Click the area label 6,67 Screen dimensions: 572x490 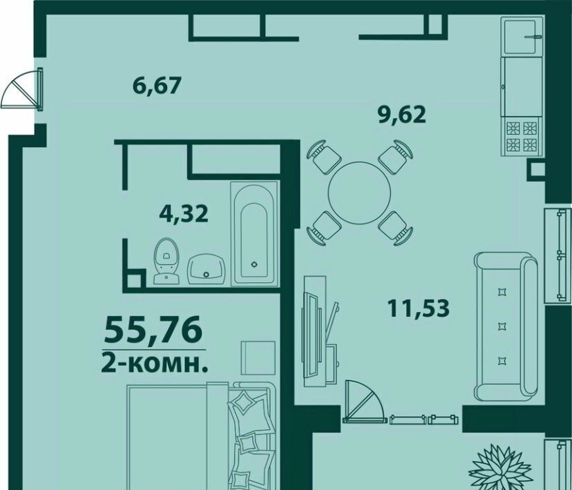pos(157,86)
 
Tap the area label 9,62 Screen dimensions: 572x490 pos(401,115)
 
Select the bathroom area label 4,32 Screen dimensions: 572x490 pos(184,213)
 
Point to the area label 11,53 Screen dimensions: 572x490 pos(418,308)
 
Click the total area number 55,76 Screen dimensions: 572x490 pos(153,329)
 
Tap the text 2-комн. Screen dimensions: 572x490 pos(155,363)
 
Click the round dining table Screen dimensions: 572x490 pos(359,193)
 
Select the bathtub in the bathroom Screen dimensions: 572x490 pos(254,233)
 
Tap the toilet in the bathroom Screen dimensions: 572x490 pos(167,261)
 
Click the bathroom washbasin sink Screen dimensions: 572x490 pos(206,269)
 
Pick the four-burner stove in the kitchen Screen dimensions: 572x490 pos(522,137)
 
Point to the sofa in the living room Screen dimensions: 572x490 pos(506,326)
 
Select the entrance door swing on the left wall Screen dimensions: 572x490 pos(23,90)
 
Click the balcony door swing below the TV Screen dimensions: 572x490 pos(365,402)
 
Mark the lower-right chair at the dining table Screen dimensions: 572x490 pos(395,228)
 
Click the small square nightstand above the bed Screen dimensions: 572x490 pos(258,357)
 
